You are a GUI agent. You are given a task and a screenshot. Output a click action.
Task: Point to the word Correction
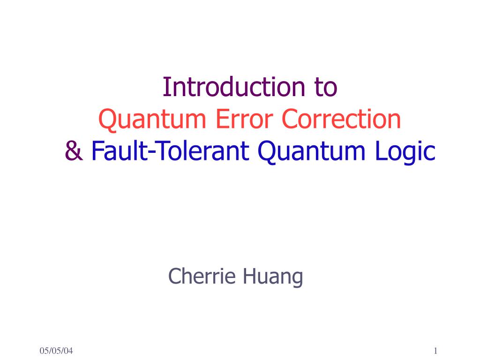click(x=342, y=120)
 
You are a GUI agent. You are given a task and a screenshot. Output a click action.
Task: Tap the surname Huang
click(x=272, y=277)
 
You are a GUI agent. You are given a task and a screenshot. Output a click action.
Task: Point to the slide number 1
click(x=435, y=351)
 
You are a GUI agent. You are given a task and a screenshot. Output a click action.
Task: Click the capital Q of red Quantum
click(x=106, y=120)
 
